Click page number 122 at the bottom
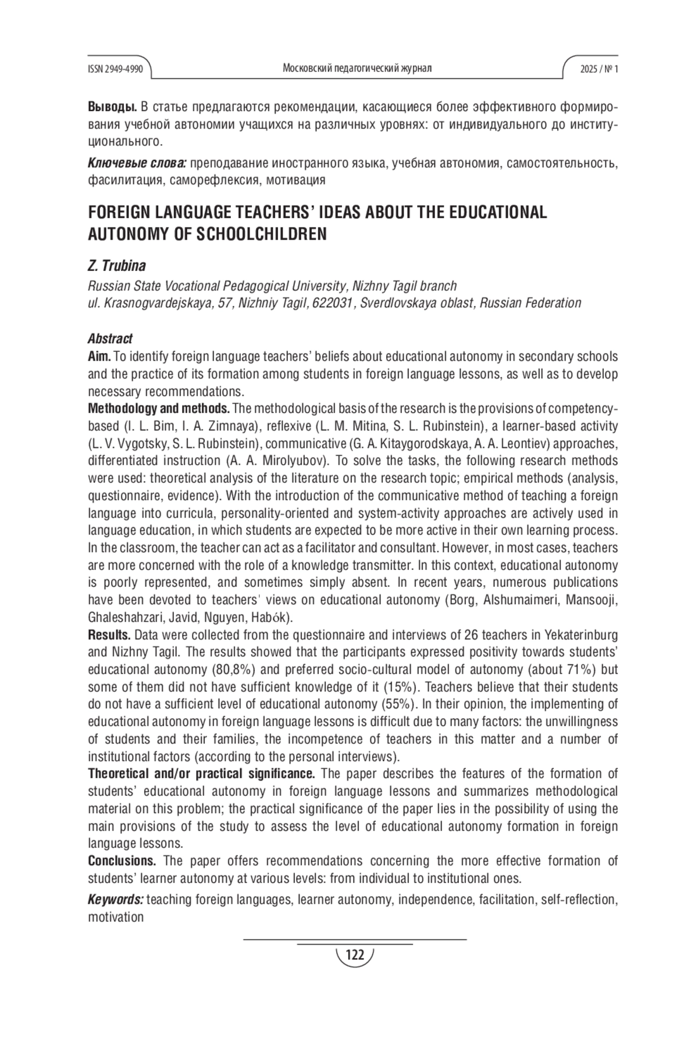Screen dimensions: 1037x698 [x=354, y=954]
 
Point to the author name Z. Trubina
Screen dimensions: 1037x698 [x=116, y=266]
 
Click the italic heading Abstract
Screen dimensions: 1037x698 [x=110, y=338]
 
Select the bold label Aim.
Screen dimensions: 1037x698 [x=99, y=356]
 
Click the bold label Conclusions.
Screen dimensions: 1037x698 [x=122, y=861]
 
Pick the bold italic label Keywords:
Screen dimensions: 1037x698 [x=115, y=900]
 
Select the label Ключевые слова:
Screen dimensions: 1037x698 [x=137, y=163]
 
